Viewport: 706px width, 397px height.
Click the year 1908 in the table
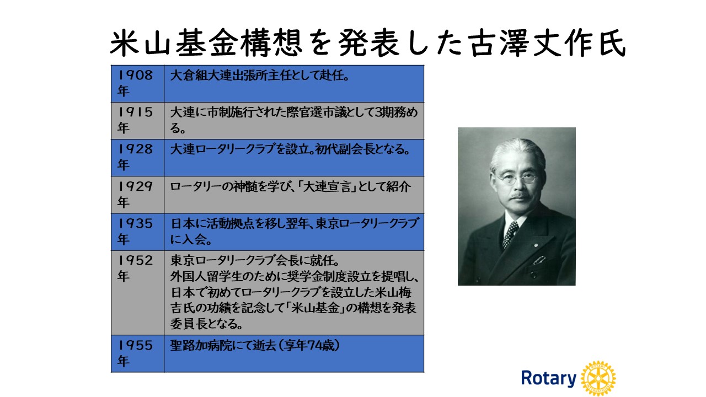(135, 75)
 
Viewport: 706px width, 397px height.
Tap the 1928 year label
(135, 149)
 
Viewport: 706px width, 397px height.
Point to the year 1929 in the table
(135, 186)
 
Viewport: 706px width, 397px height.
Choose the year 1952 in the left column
(135, 260)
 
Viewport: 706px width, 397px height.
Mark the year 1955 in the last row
(135, 345)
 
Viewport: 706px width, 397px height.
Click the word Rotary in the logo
(548, 378)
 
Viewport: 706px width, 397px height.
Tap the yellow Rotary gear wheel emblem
(598, 378)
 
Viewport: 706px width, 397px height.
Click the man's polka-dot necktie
(510, 234)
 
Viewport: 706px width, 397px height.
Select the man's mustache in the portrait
(520, 196)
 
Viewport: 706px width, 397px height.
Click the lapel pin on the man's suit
(536, 244)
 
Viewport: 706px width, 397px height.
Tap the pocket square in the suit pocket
(539, 260)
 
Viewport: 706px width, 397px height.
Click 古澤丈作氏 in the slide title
(547, 44)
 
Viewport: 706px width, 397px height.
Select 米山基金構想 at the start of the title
(206, 44)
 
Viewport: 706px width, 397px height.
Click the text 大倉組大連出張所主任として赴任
(257, 76)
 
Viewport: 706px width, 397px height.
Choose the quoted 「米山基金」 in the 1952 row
(316, 308)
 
